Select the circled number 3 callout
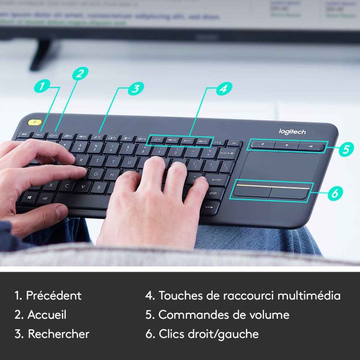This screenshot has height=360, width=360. click(x=136, y=88)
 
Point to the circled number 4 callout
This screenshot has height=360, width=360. click(x=224, y=88)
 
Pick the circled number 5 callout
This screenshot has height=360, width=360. click(x=345, y=149)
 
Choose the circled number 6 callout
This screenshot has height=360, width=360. click(x=334, y=194)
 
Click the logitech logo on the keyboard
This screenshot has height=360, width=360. click(x=292, y=131)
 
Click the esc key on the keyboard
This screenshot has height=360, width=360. click(x=24, y=136)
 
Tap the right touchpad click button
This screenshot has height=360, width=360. click(x=289, y=191)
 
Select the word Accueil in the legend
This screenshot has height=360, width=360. click(x=47, y=314)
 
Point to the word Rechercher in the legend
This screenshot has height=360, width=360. click(x=58, y=334)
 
